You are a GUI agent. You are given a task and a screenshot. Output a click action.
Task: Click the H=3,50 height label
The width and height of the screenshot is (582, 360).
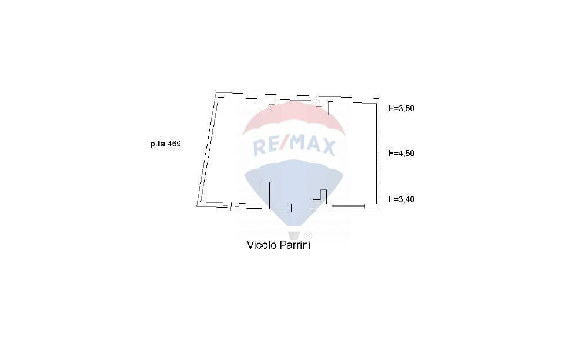point(402,108)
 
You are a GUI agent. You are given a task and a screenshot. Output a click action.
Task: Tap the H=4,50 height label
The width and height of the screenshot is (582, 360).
point(402,153)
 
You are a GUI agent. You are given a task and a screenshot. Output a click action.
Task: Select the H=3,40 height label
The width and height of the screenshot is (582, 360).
point(402,199)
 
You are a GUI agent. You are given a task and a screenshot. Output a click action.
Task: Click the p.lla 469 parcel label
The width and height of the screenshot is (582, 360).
point(166,144)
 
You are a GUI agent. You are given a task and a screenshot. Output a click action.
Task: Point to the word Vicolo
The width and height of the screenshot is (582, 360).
point(262,245)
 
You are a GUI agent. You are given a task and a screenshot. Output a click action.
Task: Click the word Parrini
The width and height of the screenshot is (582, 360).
point(295,245)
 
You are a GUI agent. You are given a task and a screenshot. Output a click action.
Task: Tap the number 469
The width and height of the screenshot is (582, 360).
point(174,144)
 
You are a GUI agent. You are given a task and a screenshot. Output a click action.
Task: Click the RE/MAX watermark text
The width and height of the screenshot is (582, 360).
point(294,146)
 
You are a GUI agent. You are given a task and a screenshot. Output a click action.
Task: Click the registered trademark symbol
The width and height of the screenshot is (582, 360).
point(308,235)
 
